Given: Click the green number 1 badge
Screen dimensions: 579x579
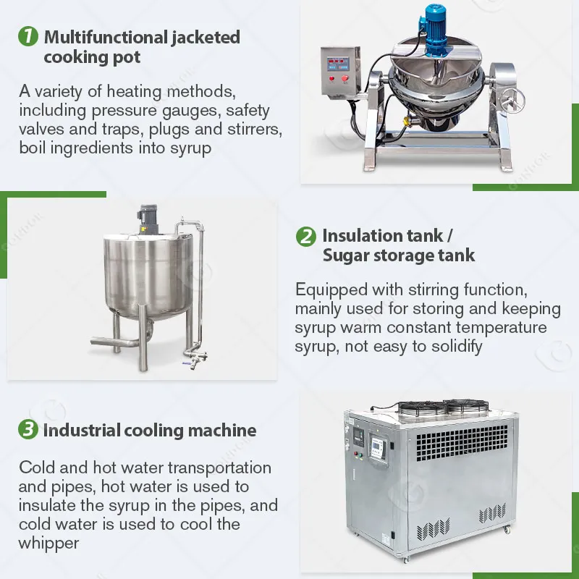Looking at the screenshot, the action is pos(28,36).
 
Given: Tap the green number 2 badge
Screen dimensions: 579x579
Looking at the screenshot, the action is pos(305,237).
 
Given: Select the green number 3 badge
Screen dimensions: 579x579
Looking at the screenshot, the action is pos(28,429).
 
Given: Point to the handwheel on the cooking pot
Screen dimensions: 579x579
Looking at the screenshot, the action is pos(511,98).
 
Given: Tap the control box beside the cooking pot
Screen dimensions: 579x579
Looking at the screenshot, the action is pos(340,71).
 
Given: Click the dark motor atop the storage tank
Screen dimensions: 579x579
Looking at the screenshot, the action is pos(148,219).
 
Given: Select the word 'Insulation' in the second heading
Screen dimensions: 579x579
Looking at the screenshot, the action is pos(383,236).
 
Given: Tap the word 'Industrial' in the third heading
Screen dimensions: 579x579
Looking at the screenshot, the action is pos(82,431).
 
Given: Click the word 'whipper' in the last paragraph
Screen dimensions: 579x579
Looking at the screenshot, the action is pos(48,544).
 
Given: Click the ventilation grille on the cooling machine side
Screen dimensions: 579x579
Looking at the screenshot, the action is pos(462,443).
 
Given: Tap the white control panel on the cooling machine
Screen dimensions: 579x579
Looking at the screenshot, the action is pos(379,449).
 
